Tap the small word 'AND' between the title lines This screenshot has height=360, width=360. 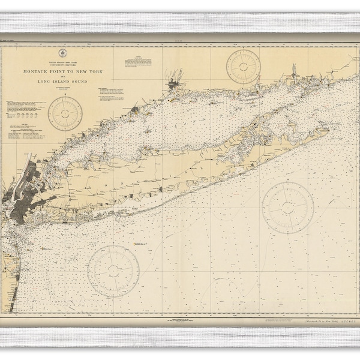click(65, 76)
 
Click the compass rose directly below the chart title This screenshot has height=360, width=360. click(65, 113)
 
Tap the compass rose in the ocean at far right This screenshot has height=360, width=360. click(288, 207)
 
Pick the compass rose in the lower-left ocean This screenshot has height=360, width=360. click(113, 271)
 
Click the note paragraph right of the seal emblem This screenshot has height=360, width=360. click(137, 61)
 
